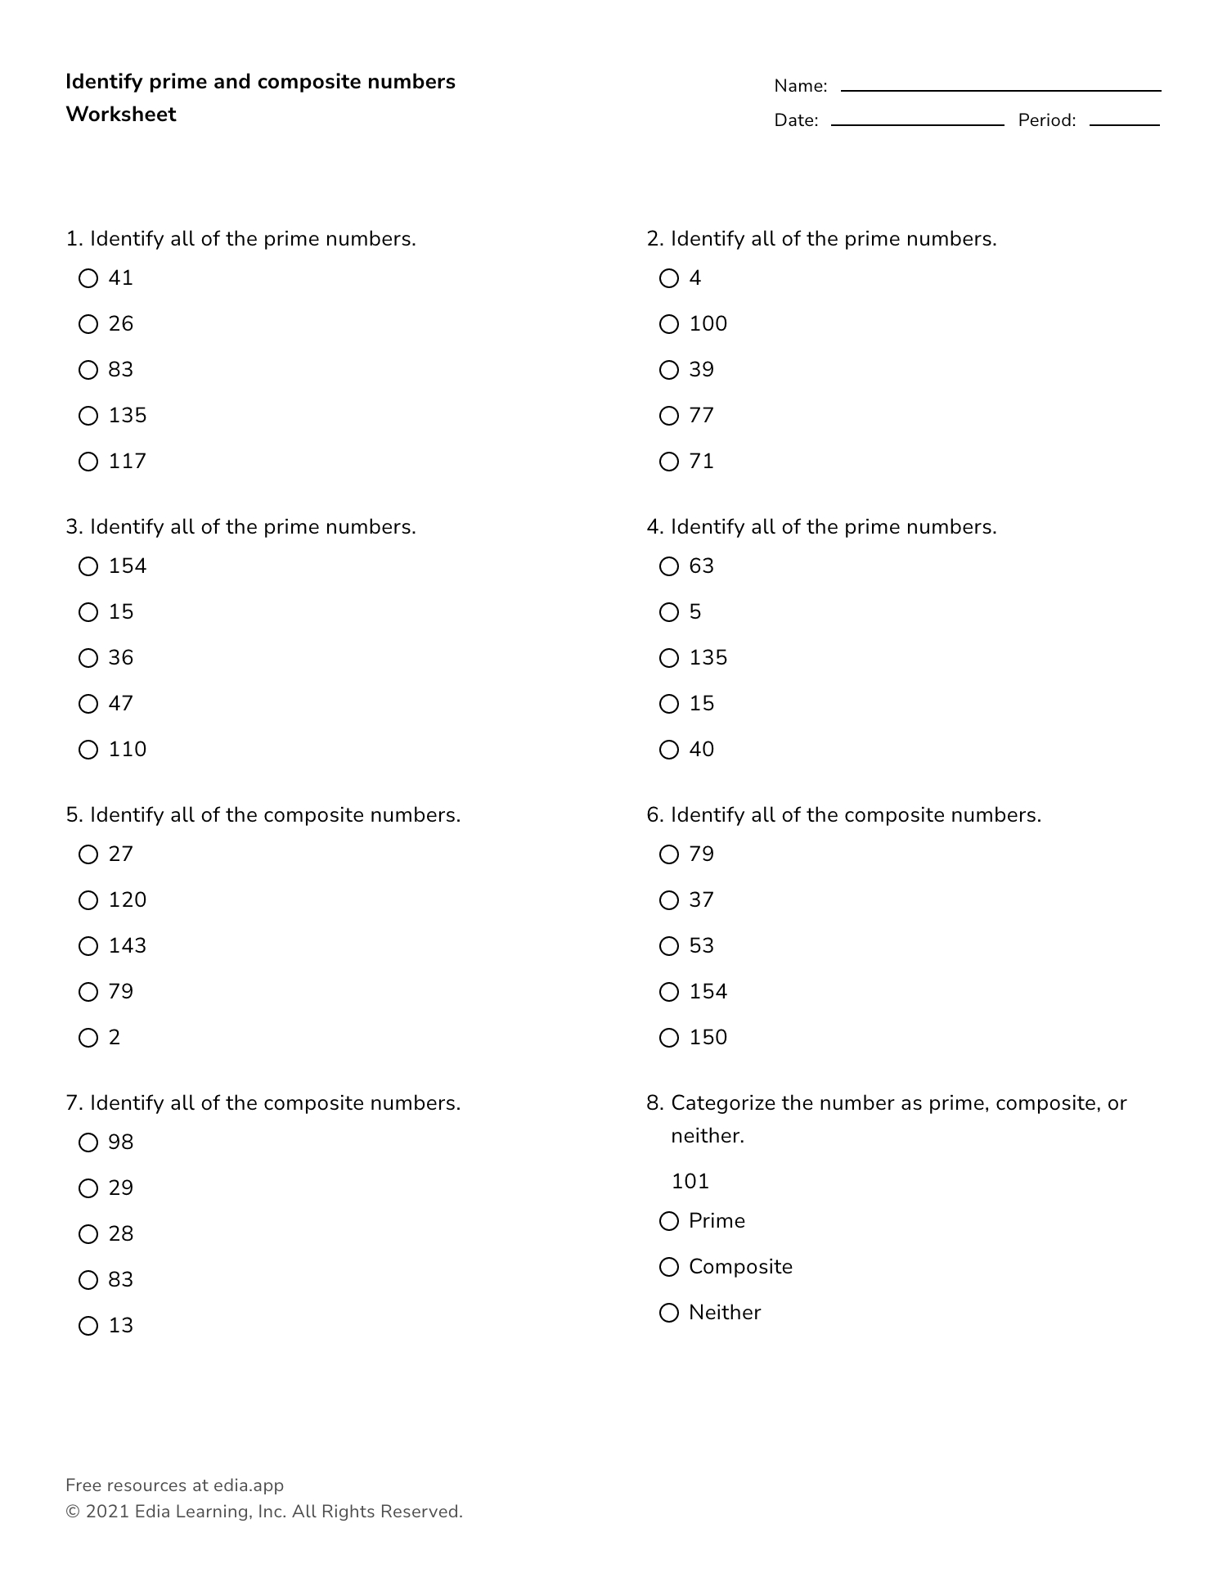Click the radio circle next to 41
[88, 279]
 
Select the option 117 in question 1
[127, 462]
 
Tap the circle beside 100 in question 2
[669, 325]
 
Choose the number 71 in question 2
[701, 462]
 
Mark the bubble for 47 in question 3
[88, 704]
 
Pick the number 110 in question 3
[127, 750]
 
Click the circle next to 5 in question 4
[669, 612]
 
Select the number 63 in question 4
[701, 566]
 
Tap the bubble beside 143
[88, 946]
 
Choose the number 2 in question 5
[115, 1038]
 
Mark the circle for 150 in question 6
[669, 1038]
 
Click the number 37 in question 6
[701, 900]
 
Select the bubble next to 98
[88, 1143]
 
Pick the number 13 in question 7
[120, 1326]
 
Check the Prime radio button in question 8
[669, 1221]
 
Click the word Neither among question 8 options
[724, 1313]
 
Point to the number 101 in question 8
[690, 1181]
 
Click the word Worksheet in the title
[121, 115]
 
